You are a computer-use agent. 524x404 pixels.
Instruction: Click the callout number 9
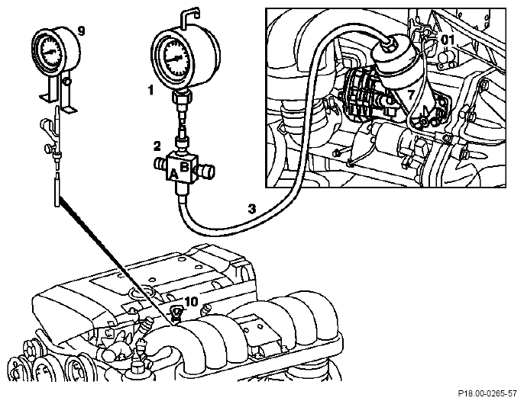(82, 30)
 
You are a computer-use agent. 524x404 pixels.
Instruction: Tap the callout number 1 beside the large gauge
(150, 89)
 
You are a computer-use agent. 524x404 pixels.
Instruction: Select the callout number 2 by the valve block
(157, 146)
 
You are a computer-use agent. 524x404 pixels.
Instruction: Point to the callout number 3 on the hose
(252, 209)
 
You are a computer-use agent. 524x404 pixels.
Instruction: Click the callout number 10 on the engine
(191, 303)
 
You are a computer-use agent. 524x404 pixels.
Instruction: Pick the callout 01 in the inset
(448, 40)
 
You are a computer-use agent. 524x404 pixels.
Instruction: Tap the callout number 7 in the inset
(411, 95)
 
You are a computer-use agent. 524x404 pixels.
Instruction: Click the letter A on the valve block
(173, 174)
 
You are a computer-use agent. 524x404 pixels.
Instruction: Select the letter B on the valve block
(185, 166)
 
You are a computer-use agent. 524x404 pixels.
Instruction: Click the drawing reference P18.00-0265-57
(487, 393)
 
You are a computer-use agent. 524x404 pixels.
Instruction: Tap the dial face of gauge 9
(51, 51)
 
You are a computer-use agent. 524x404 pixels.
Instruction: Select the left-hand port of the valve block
(161, 164)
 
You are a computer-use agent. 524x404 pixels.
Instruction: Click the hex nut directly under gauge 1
(182, 97)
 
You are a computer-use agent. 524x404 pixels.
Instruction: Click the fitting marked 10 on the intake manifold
(176, 314)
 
